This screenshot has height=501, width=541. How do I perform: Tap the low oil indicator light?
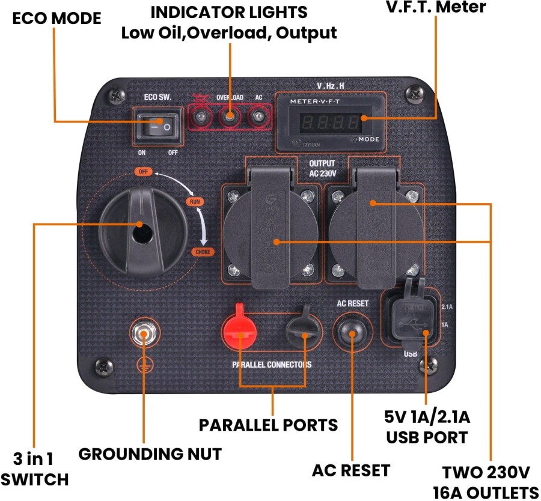202,116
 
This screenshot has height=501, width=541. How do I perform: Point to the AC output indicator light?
258,116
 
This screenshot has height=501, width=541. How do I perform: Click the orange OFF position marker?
143,172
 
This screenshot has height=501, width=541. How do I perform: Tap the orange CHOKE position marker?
202,252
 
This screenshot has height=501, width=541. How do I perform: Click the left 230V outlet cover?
270,231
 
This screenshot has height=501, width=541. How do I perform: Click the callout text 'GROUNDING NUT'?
150,454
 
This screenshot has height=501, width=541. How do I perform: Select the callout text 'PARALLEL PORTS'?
268,425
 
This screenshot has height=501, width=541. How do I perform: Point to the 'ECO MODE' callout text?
57,19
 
